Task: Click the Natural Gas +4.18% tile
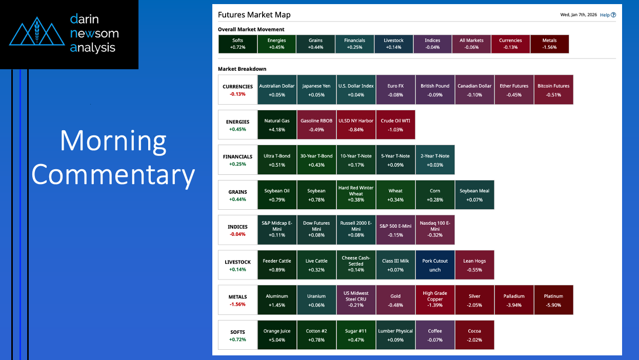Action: (277, 125)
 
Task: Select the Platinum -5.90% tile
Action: (553, 300)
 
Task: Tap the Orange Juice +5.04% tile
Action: (277, 335)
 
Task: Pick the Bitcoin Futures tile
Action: (553, 90)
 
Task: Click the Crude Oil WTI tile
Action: (395, 125)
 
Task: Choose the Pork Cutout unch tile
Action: (435, 265)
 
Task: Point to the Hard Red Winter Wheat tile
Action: (356, 195)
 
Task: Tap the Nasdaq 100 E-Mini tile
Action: (435, 230)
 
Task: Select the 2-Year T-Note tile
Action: (435, 159)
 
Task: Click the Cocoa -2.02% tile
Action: (474, 335)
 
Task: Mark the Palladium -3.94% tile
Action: (514, 300)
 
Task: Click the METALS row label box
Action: (237, 300)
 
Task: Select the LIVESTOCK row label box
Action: (237, 265)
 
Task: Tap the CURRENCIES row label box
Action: (237, 90)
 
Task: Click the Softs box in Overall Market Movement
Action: (237, 44)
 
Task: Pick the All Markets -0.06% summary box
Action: (471, 44)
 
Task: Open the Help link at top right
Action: (608, 15)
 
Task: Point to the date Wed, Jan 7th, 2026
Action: (578, 15)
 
